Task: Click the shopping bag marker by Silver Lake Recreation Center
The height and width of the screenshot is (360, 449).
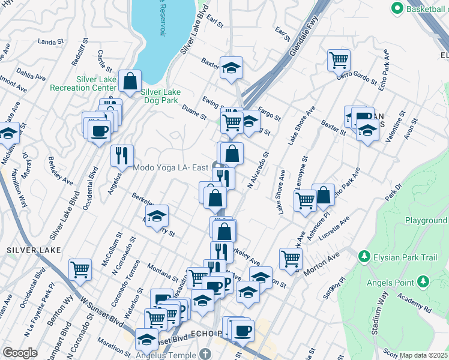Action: point(130,80)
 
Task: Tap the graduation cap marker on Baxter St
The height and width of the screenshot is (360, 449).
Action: point(231,68)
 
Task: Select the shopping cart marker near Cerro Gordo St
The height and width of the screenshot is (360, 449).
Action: point(339,61)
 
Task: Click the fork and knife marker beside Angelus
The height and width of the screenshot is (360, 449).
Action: point(122,156)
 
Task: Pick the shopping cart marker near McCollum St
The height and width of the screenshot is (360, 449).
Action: point(80,269)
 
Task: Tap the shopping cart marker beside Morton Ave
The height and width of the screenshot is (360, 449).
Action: point(291,259)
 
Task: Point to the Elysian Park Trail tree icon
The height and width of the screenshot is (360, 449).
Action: point(363,257)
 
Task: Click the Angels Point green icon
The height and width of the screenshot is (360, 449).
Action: point(423,281)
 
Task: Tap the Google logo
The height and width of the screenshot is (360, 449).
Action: point(20,352)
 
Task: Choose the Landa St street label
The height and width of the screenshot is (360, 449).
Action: point(50,42)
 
